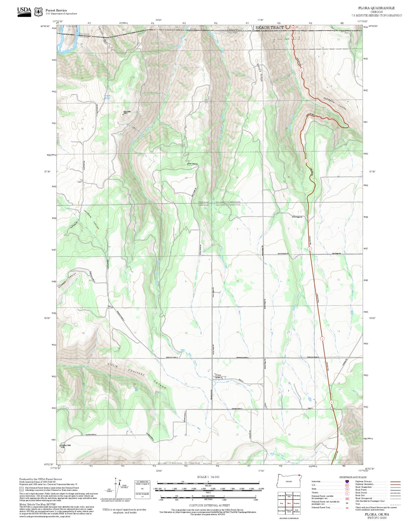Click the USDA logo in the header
click(x=24, y=12)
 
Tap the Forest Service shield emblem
click(x=38, y=12)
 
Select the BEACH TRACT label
click(x=269, y=28)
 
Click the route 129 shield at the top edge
click(x=293, y=28)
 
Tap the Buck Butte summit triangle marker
click(x=123, y=114)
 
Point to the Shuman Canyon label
click(x=67, y=280)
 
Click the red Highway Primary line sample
click(x=395, y=482)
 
